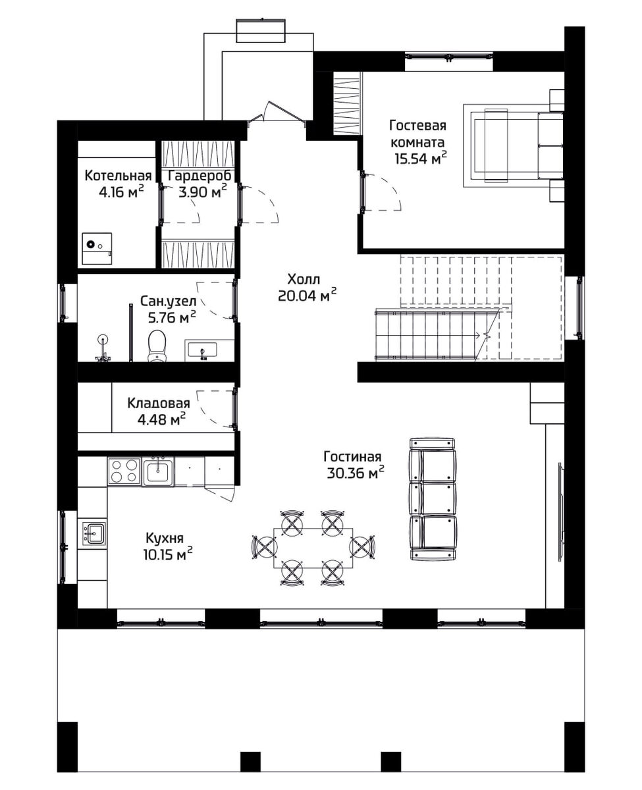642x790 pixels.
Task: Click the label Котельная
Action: [119, 175]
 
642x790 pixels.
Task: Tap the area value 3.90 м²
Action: [203, 192]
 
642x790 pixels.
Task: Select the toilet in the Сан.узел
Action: [157, 346]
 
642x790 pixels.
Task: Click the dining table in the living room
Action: [313, 548]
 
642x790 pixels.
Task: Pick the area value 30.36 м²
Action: [356, 473]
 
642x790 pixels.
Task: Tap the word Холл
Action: [304, 279]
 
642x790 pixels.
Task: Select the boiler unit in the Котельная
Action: [97, 248]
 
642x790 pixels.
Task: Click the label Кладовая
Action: [159, 403]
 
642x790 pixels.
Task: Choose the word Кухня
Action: [165, 538]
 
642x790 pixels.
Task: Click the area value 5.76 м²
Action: [168, 317]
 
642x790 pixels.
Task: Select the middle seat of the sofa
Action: [433, 498]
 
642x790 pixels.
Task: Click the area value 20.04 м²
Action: [308, 295]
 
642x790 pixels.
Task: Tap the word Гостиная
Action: [352, 456]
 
